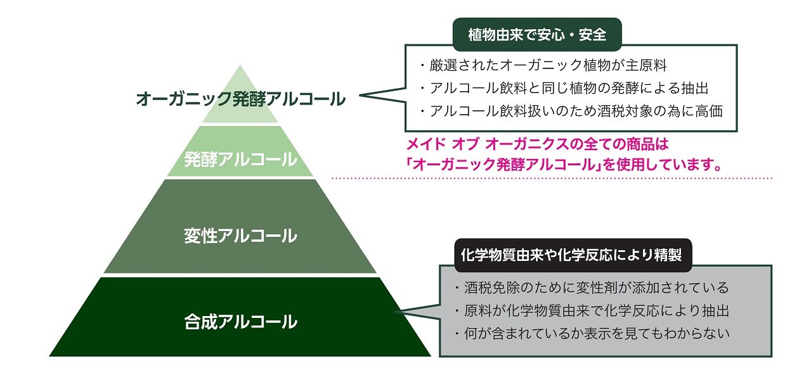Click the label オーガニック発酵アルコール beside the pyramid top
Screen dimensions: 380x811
point(241,99)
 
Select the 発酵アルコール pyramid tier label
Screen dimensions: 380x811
point(240,159)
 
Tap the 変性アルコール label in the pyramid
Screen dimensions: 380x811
point(240,236)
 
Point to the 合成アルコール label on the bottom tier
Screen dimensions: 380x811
point(240,322)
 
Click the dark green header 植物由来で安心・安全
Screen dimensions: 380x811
point(537,35)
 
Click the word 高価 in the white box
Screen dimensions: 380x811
point(709,110)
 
